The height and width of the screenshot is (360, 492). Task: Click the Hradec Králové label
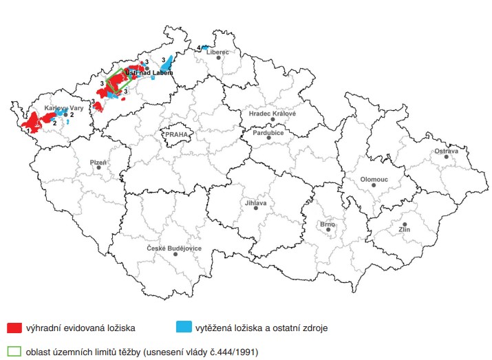click(x=272, y=113)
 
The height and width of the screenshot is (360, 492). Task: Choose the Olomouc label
click(x=374, y=178)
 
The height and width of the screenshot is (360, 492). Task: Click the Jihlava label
click(x=255, y=202)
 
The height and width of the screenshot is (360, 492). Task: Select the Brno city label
click(x=328, y=224)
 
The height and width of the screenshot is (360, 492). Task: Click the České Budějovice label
click(x=175, y=248)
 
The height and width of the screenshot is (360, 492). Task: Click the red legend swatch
click(x=14, y=328)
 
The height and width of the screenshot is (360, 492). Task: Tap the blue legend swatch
click(x=183, y=328)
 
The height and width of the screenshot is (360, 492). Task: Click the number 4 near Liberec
click(x=199, y=47)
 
